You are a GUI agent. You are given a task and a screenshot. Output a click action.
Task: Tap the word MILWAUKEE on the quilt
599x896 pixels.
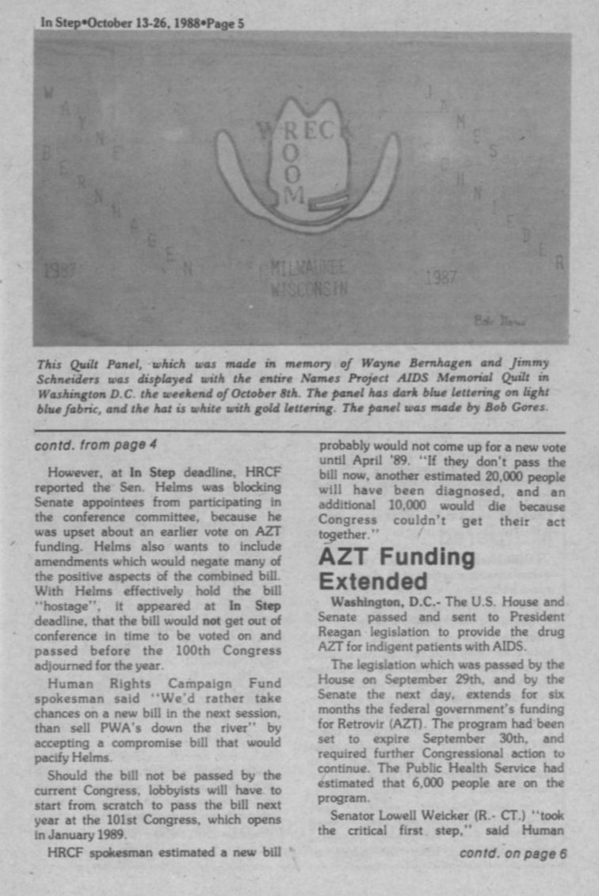click(308, 268)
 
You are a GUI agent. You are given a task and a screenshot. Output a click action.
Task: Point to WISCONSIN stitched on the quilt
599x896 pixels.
click(308, 287)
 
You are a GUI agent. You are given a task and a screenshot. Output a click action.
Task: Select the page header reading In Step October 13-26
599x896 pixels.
click(143, 23)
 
